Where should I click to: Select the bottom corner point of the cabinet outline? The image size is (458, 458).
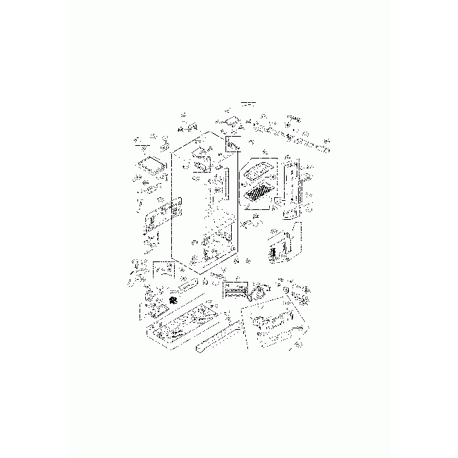pyautogui.click(x=202, y=271)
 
